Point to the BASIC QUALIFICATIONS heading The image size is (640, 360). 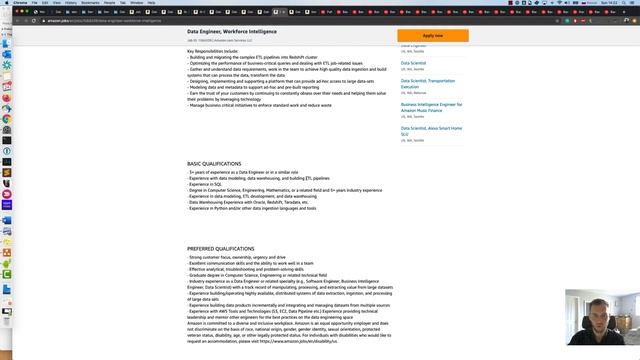pos(214,164)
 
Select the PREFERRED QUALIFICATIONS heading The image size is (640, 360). pos(221,248)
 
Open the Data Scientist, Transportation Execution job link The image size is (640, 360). pos(428,83)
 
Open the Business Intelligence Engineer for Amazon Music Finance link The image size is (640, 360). pos(431,107)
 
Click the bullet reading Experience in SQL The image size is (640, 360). pos(206,184)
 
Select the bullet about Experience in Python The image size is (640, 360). pos(252,208)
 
